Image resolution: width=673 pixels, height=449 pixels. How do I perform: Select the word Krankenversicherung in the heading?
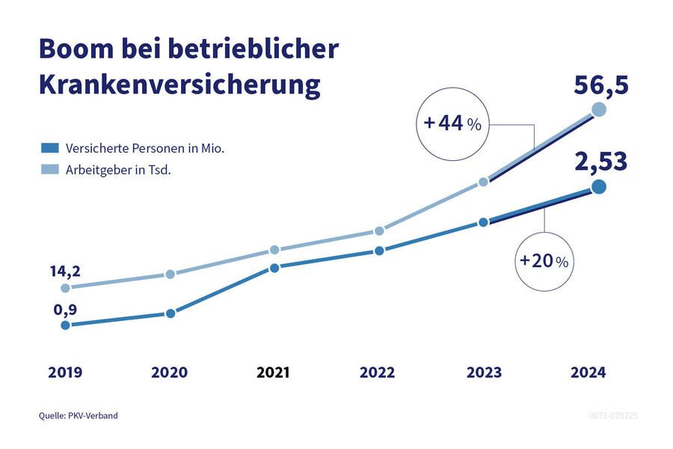(179, 85)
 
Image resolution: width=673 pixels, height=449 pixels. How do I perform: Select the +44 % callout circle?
(453, 123)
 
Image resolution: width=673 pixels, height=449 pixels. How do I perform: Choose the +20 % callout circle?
(544, 260)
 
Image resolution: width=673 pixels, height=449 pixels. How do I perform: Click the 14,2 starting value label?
(65, 271)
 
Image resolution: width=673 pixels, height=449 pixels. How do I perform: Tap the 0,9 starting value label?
(65, 309)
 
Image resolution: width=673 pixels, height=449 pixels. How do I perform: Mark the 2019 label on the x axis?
(65, 372)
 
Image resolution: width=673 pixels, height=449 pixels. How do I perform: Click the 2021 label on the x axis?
(273, 372)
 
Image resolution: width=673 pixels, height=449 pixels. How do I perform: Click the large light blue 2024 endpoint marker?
(598, 110)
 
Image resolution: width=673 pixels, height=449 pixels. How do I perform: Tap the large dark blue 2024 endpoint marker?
(598, 187)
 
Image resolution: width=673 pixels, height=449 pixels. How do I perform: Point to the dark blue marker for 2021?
(274, 268)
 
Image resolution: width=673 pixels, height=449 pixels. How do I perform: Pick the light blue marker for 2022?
(379, 231)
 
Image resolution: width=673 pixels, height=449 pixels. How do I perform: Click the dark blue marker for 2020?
(170, 314)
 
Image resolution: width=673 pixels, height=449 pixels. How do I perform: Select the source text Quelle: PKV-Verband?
(79, 415)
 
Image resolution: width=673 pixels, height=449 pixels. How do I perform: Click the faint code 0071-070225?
(614, 415)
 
